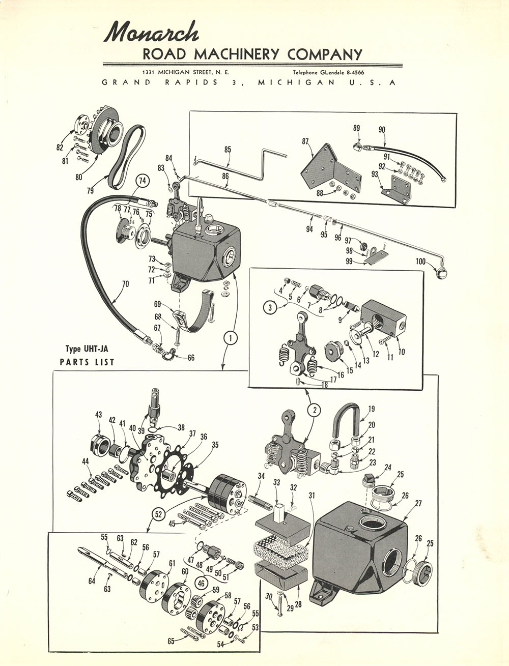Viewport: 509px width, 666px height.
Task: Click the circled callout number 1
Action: coord(230,337)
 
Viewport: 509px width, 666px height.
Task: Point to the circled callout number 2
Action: coord(314,410)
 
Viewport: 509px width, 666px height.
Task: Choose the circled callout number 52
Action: coord(158,514)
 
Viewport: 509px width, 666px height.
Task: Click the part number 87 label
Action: coord(305,141)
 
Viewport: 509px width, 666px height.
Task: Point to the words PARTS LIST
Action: coord(87,362)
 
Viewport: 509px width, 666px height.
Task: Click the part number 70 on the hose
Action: coord(125,283)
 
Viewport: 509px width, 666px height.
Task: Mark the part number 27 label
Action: coord(418,504)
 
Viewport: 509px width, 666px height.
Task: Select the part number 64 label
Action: coord(92,581)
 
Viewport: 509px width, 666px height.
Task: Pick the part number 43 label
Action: coord(98,415)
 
